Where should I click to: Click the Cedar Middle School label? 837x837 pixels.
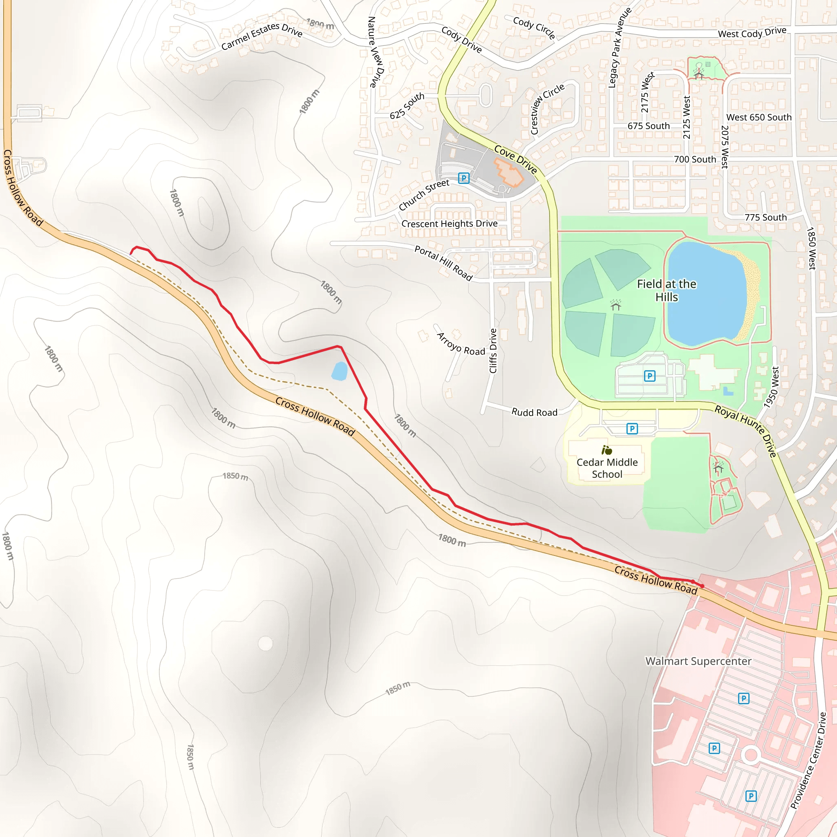(607, 468)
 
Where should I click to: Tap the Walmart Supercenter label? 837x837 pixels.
(698, 661)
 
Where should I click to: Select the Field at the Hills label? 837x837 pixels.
(666, 290)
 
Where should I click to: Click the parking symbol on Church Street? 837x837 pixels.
(463, 178)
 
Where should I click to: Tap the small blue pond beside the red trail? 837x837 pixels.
(339, 371)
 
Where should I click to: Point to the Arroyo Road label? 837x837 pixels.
(461, 345)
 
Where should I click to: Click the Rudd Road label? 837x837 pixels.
(534, 412)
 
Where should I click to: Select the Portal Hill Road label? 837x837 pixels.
(443, 263)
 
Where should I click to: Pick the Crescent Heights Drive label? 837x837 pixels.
(449, 224)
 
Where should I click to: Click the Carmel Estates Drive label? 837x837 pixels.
(262, 36)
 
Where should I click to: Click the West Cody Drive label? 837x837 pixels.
(752, 33)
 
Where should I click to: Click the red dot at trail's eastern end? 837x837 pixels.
(702, 586)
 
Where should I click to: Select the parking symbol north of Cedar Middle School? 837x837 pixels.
(632, 429)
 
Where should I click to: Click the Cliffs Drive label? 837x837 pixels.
(493, 351)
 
